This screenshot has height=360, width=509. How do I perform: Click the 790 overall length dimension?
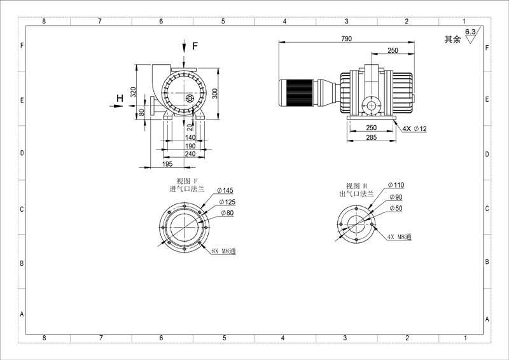pos(346,39)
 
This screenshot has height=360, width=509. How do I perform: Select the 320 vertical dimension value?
pos(133,92)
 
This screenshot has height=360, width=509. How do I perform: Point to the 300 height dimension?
pos(214,93)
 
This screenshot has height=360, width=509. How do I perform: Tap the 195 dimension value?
pos(167,164)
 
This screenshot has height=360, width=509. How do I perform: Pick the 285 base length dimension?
pos(372,137)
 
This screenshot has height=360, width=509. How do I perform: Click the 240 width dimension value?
pos(190,153)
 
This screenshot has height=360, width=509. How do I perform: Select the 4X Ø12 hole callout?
pos(415,128)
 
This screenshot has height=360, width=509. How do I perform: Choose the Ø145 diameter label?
pos(225,190)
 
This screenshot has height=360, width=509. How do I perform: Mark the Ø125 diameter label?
pos(227,202)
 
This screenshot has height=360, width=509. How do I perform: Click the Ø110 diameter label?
pos(396,185)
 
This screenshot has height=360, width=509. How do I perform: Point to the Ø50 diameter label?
pos(396,208)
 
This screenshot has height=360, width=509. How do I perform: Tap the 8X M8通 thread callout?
pos(224,251)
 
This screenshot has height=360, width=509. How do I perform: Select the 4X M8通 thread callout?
pos(400,237)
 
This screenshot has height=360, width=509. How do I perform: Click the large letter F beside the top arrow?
pos(195,46)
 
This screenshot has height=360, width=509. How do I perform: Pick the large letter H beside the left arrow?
pos(120,98)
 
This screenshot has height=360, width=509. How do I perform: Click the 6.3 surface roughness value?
pos(470,32)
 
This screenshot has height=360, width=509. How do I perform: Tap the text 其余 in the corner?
pos(452,39)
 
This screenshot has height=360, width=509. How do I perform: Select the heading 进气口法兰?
pos(186,189)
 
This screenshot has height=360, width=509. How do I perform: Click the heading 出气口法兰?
pos(356,194)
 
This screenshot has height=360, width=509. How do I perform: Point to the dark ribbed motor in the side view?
pos(296,92)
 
